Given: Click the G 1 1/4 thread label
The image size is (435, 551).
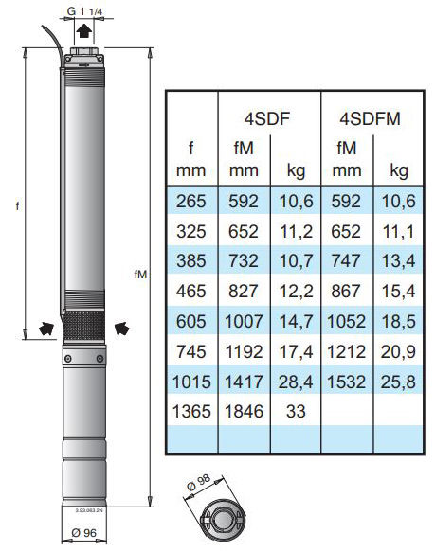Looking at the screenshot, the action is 84,11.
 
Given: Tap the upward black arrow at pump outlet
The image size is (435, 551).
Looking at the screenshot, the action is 84,30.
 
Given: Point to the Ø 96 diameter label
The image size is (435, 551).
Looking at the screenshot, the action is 83,533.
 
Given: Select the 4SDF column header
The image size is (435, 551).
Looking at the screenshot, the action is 267,118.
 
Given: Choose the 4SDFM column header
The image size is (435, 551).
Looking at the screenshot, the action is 370,118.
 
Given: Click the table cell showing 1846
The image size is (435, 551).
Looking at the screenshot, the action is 244,411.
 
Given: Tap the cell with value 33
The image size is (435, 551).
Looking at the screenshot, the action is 296,411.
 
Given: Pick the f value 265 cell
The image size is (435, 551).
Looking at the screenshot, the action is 190,202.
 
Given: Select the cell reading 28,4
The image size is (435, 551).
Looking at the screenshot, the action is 296,382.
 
